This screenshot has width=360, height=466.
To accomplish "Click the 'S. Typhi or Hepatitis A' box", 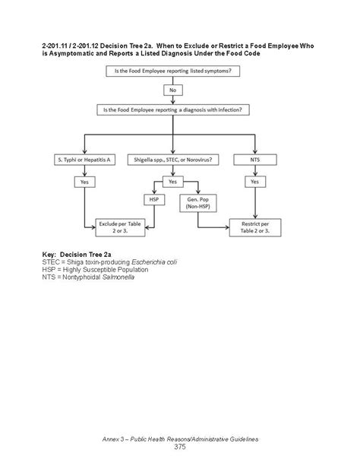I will (84, 160).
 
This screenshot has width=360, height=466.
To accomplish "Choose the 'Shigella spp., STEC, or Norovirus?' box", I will (172, 160).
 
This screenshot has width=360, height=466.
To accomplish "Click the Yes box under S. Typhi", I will (84, 182).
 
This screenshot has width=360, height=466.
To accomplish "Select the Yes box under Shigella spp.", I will (172, 182).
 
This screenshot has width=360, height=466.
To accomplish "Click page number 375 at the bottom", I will (179, 447).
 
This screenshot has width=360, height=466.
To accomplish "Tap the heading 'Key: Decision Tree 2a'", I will (75, 254).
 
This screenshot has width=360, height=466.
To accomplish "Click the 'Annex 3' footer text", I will (179, 439).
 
